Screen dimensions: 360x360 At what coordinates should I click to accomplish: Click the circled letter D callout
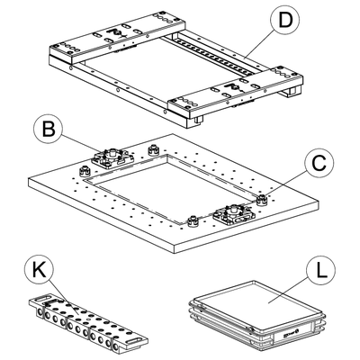pos(285,20)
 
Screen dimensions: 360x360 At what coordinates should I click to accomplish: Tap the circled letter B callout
pos(49,130)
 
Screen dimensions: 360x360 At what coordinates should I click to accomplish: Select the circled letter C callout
pos(319,164)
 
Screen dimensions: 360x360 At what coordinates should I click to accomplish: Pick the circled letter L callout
pos(321,271)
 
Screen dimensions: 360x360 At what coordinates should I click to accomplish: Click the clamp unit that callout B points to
pos(112,157)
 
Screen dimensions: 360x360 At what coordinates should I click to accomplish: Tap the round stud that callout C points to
pos(263,200)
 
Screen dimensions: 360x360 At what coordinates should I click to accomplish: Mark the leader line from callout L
pos(289,289)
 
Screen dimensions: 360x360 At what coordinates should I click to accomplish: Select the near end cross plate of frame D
pos(237,92)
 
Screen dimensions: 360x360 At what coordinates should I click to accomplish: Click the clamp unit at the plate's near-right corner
pos(233,214)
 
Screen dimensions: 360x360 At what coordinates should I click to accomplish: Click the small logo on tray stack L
pos(290,333)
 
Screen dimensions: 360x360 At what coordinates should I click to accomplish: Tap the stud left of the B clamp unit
pos(85,171)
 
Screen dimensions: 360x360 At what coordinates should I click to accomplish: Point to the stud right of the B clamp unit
pos(154,149)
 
